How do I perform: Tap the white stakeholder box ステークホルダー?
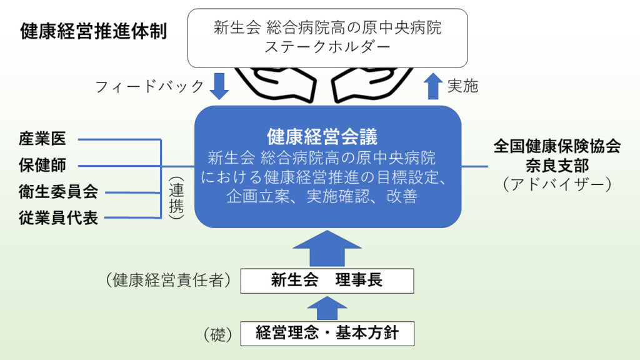pos(327,37)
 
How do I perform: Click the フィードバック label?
pos(150,86)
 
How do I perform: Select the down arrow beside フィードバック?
pos(219,87)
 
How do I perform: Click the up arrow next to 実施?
pos(433,86)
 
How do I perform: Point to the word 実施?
pos(462,86)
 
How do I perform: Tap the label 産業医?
pos(42,139)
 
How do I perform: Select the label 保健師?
pos(42,166)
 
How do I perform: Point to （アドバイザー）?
pos(557,184)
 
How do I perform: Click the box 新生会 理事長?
pos(327,281)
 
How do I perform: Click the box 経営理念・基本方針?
pos(327,333)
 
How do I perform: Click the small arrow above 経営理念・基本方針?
pos(327,307)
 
